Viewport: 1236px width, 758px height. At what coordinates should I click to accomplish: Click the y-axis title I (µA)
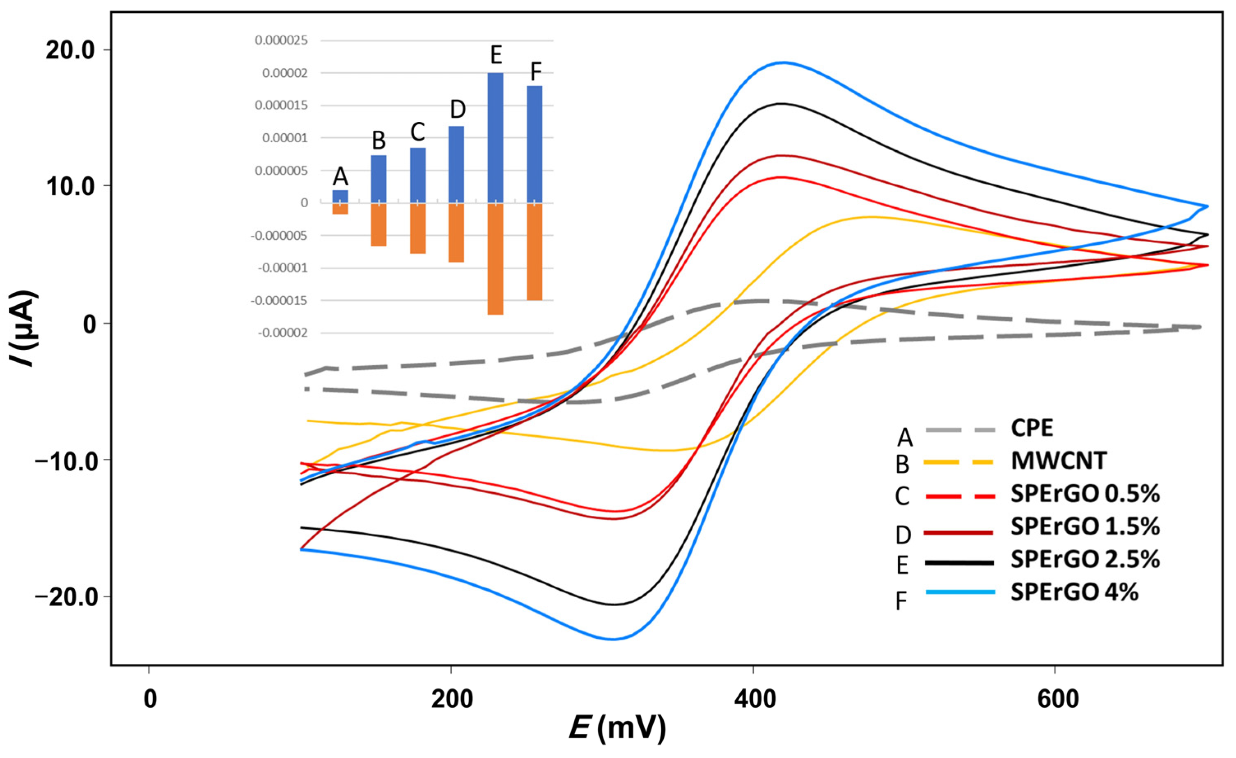(x=23, y=328)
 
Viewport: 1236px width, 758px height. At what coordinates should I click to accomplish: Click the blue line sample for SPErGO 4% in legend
(x=959, y=592)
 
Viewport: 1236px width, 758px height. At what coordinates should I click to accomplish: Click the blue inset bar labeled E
(x=495, y=138)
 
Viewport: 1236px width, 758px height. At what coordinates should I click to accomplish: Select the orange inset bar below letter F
(x=534, y=252)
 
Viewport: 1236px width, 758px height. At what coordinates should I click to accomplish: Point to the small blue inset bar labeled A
(x=340, y=196)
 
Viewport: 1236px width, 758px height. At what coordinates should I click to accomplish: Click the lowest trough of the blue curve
(x=612, y=639)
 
